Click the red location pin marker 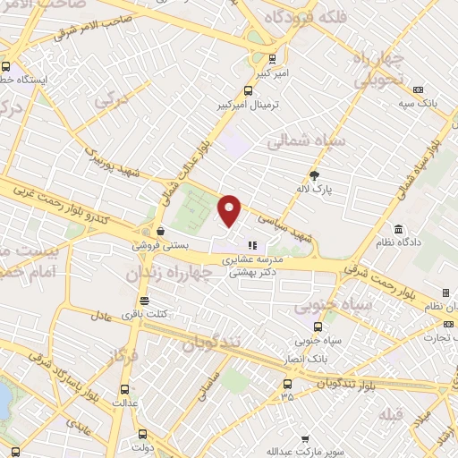(x=231, y=211)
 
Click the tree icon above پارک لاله (x=314, y=175)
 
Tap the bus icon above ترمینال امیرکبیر (x=248, y=89)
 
